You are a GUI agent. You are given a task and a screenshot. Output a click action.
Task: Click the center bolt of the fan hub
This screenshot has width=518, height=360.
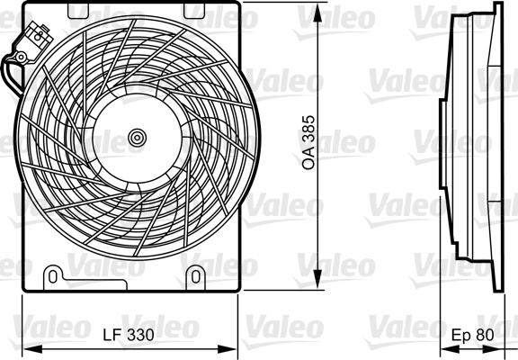coord(137,138)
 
